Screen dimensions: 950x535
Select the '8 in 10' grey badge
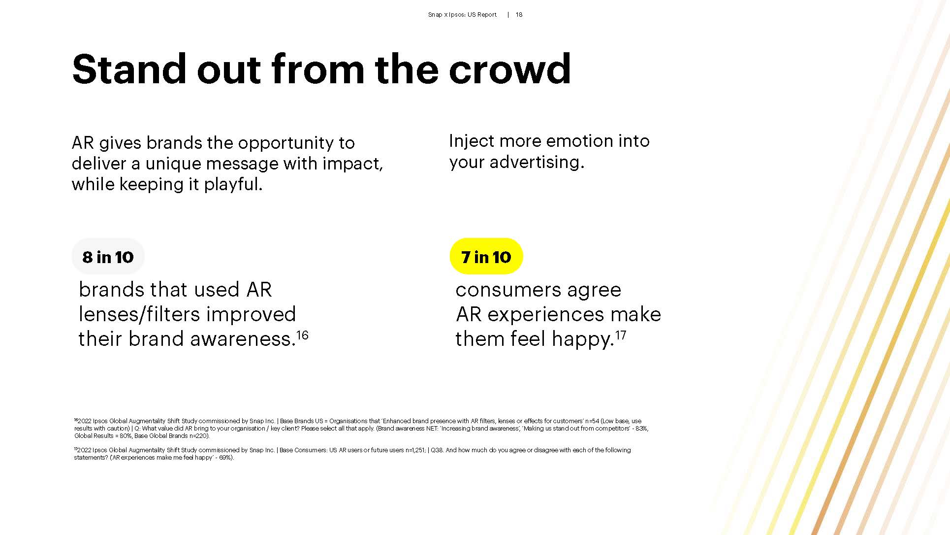click(108, 257)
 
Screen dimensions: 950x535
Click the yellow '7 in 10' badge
click(486, 257)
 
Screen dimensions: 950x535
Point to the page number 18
click(519, 15)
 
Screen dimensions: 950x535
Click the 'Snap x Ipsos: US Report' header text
click(462, 15)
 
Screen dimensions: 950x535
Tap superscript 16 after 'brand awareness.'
click(302, 335)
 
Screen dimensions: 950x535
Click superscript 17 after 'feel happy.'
click(621, 335)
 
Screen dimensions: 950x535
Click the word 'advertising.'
click(537, 162)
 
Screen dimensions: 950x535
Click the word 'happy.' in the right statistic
click(583, 339)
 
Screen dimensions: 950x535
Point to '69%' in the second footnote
click(225, 458)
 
